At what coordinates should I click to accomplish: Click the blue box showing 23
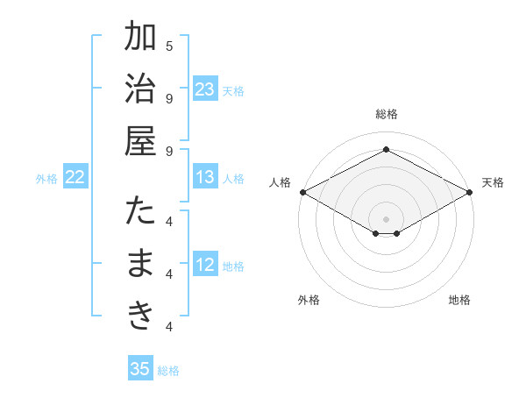pyautogui.click(x=205, y=89)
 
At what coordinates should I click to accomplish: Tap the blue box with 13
pyautogui.click(x=205, y=177)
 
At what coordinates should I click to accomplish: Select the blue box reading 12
pyautogui.click(x=205, y=265)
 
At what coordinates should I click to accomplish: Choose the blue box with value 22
pyautogui.click(x=75, y=177)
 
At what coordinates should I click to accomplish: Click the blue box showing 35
pyautogui.click(x=140, y=369)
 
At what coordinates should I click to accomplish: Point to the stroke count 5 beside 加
pyautogui.click(x=169, y=45)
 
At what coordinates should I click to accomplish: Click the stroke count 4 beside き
pyautogui.click(x=169, y=327)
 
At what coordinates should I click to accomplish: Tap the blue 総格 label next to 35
pyautogui.click(x=168, y=371)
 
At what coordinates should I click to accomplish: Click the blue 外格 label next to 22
pyautogui.click(x=46, y=179)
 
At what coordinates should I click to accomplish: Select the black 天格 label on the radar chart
pyautogui.click(x=494, y=182)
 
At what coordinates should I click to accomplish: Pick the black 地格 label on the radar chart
pyautogui.click(x=459, y=300)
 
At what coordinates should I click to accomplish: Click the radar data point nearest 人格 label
pyautogui.click(x=302, y=192)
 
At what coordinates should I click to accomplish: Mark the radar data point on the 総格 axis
pyautogui.click(x=386, y=150)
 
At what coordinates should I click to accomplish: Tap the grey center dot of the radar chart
pyautogui.click(x=386, y=218)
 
